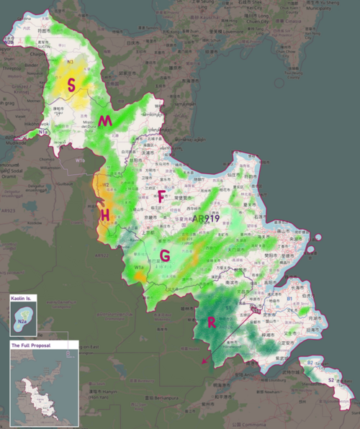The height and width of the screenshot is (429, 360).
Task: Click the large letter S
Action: click(71, 85)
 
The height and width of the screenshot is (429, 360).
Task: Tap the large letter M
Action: click(106, 121)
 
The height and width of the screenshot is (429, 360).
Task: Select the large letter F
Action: click(161, 196)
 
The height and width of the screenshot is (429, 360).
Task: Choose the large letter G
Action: click(165, 256)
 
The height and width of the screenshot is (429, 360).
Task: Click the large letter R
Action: click(212, 322)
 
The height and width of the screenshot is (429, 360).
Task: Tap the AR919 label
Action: click(206, 218)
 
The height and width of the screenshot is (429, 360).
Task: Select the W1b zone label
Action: click(79, 161)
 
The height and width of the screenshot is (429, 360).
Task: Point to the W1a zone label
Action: click(139, 268)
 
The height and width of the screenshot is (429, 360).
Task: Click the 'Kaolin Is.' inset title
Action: click(22, 297)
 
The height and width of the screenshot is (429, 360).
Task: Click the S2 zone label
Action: click(331, 379)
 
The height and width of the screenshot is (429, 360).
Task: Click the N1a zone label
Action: click(43, 132)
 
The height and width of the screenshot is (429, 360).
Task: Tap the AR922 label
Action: click(101, 256)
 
